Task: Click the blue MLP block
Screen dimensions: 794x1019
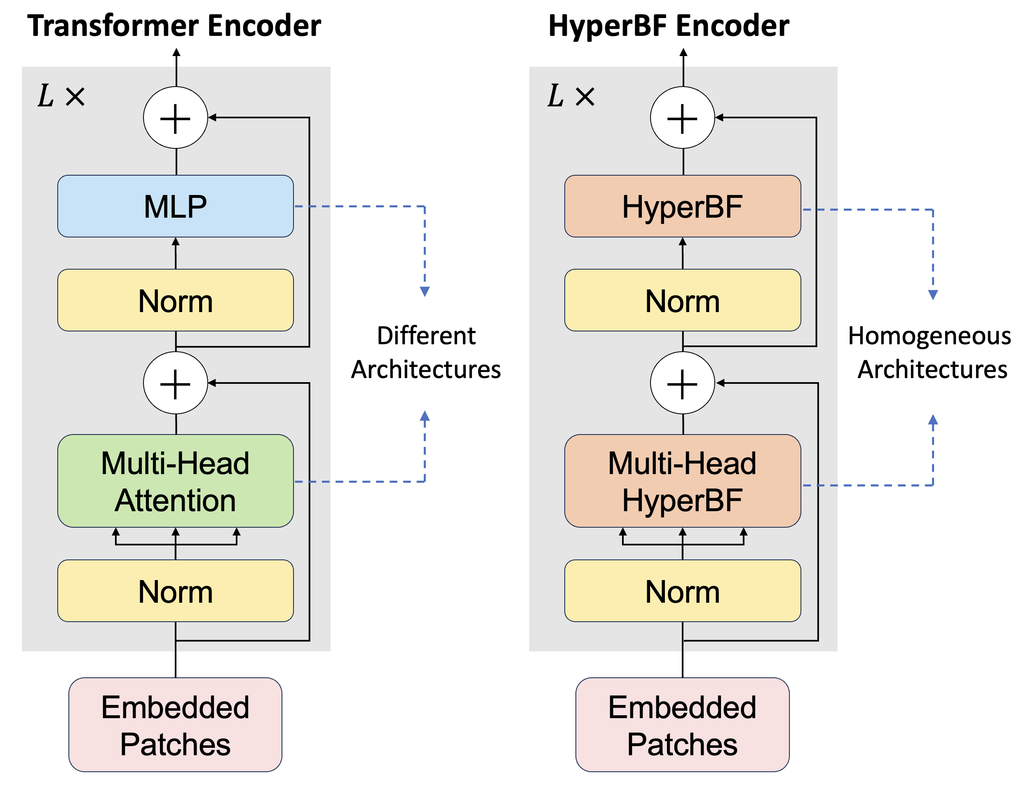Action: [176, 206]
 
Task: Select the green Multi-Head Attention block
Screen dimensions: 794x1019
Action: [176, 481]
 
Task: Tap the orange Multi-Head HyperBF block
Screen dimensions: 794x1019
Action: [682, 481]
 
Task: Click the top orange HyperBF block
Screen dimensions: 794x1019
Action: [682, 206]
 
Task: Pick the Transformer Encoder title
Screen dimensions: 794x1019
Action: [174, 26]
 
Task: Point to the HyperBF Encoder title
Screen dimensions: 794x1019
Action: [668, 26]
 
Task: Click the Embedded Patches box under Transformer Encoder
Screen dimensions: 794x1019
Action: [176, 724]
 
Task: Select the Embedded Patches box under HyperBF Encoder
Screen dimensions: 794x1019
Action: [682, 724]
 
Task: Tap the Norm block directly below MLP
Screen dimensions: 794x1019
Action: [176, 300]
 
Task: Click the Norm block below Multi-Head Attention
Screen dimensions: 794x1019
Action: [176, 591]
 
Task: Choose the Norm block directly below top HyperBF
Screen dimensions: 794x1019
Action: [682, 300]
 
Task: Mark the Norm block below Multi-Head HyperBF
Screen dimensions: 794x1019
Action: [682, 591]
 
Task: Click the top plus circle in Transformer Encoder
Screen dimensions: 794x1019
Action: [176, 117]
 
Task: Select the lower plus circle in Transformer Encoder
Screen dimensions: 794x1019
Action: [176, 383]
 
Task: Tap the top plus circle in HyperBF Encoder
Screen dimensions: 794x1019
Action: [682, 117]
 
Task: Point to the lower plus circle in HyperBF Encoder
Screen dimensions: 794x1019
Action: [682, 383]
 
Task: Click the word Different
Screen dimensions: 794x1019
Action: [426, 336]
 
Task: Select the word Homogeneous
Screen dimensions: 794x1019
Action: [929, 336]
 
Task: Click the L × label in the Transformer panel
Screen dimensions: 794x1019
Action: [61, 96]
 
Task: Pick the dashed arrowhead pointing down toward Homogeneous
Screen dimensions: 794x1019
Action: [933, 295]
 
